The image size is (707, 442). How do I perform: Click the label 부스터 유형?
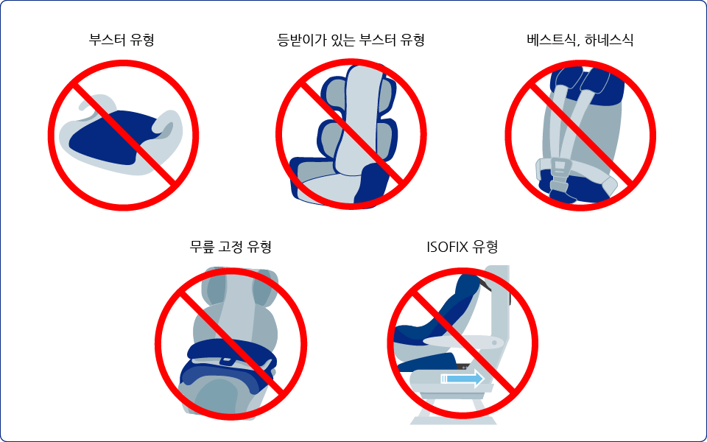(122, 40)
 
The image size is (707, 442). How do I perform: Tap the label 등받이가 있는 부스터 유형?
(351, 40)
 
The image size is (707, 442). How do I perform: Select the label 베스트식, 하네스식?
(580, 40)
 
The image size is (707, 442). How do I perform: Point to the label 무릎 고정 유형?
(231, 247)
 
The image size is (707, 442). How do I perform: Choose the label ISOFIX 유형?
(462, 247)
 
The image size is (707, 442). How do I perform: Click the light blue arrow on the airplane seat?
(462, 379)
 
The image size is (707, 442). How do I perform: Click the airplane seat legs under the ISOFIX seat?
(453, 410)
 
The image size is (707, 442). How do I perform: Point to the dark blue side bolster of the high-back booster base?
(373, 185)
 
